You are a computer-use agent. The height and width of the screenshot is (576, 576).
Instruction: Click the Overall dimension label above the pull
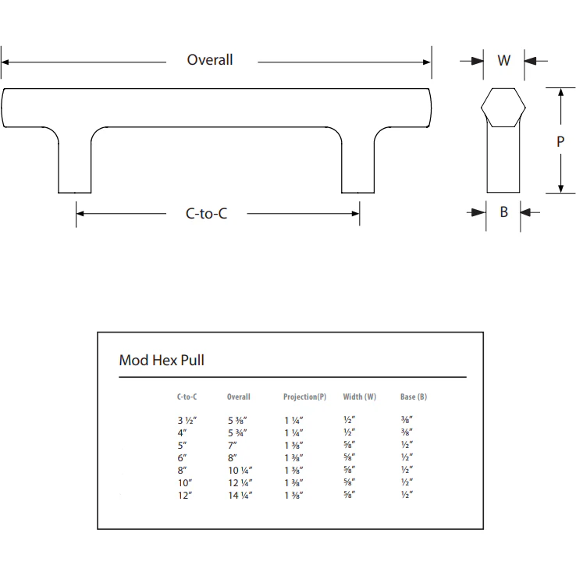[x=210, y=60]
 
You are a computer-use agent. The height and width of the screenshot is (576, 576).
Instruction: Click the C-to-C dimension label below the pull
[x=206, y=213]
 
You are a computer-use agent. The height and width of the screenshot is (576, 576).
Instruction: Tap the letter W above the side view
[x=504, y=60]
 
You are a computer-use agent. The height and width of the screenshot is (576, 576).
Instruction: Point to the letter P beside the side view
[x=560, y=142]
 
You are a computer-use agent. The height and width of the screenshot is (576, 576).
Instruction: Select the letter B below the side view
[x=504, y=212]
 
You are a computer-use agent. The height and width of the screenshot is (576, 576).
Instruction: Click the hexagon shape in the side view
[x=503, y=108]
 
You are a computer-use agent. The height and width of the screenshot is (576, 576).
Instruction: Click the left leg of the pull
[x=75, y=168]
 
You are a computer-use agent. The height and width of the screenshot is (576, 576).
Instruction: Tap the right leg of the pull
[x=358, y=168]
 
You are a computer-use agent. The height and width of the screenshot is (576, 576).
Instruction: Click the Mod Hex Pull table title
[x=162, y=360]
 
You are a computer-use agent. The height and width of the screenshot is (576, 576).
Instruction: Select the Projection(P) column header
[x=304, y=396]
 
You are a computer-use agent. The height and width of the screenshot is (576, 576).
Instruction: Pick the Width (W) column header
[x=360, y=396]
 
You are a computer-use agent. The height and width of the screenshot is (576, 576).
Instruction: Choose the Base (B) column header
[x=414, y=396]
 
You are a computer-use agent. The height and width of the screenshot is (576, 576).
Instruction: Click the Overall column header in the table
[x=239, y=396]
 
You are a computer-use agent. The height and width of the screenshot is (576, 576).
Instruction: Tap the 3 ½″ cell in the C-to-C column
[x=187, y=420]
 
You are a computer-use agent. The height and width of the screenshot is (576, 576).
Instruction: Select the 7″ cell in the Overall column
[x=232, y=445]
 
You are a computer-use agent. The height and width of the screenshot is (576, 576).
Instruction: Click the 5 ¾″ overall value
[x=238, y=432]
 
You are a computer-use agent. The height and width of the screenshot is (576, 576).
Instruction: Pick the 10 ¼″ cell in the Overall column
[x=240, y=470]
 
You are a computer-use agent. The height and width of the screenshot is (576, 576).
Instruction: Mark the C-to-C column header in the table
[x=187, y=396]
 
